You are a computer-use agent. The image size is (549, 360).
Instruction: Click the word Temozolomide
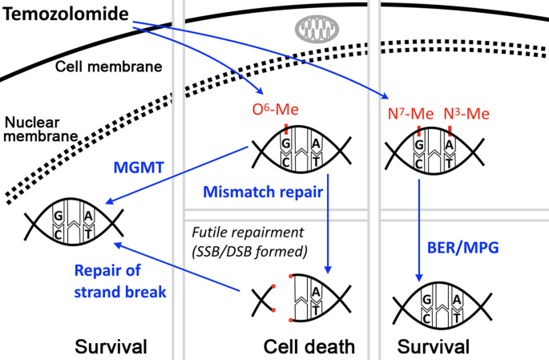[x=64, y=14]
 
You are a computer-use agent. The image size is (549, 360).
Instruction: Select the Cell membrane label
[x=108, y=66]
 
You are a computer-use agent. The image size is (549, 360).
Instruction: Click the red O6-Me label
[x=275, y=111]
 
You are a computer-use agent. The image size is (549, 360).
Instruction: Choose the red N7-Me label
[x=407, y=115]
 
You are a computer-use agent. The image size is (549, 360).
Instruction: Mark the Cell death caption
[x=307, y=346]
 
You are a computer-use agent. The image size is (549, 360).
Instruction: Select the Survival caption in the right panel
[x=434, y=346]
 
